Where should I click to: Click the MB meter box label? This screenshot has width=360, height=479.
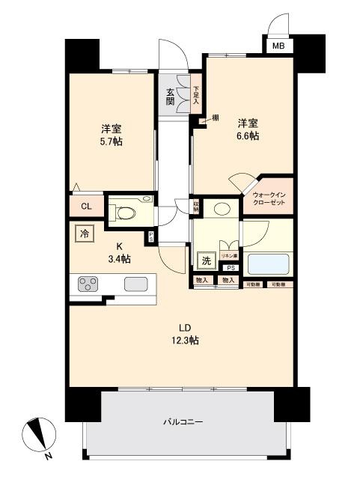tap(278, 46)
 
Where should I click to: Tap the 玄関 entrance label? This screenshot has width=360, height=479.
tap(171, 97)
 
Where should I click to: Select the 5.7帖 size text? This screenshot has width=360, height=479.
tap(112, 141)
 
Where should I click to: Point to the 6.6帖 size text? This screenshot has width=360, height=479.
tap(248, 135)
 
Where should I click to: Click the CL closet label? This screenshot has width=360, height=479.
tap(86, 207)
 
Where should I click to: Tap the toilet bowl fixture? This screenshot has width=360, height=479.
tap(125, 213)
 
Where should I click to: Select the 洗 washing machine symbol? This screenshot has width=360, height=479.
tap(205, 260)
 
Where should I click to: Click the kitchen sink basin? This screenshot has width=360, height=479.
tap(135, 284)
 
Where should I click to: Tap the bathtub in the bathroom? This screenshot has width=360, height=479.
tap(269, 264)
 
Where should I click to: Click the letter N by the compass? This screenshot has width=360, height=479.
tap(49, 456)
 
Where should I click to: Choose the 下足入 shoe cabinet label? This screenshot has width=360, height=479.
tap(196, 96)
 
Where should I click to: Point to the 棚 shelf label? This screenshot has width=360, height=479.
tap(215, 118)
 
